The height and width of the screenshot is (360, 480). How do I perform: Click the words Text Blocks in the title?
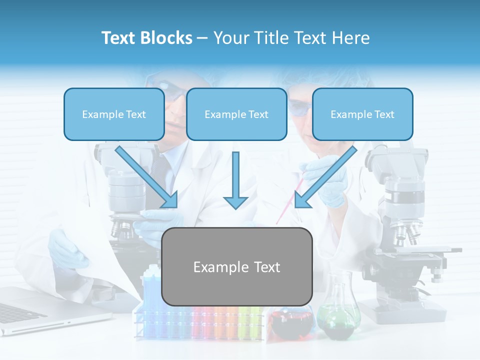tap(146, 38)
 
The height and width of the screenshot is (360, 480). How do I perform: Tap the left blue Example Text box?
tap(114, 114)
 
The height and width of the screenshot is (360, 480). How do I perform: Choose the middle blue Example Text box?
tap(236, 114)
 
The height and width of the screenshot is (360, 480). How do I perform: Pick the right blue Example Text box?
tap(362, 114)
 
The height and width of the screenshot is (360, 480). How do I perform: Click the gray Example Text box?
tap(236, 267)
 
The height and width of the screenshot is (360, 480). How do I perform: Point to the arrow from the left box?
tap(147, 177)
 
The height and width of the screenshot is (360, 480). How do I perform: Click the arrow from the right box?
tap(325, 177)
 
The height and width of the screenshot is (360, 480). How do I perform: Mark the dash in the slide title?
tap(202, 38)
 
